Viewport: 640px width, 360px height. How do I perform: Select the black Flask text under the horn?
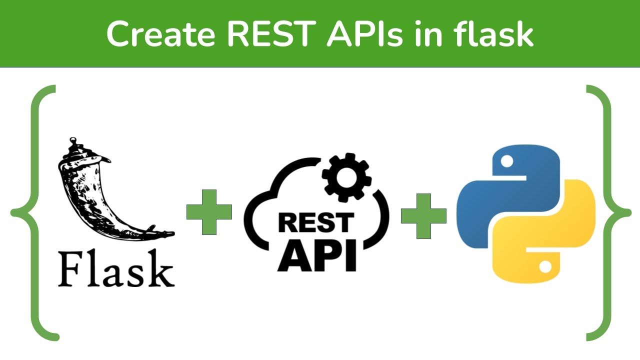(x=116, y=270)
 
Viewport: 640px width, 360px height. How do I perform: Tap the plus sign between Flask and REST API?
(x=209, y=212)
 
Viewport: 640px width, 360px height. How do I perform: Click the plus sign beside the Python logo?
(x=423, y=216)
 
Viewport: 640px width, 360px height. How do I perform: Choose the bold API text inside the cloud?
(x=316, y=255)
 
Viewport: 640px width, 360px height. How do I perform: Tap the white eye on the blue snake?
(x=507, y=161)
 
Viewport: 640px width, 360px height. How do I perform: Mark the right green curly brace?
(x=606, y=212)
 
